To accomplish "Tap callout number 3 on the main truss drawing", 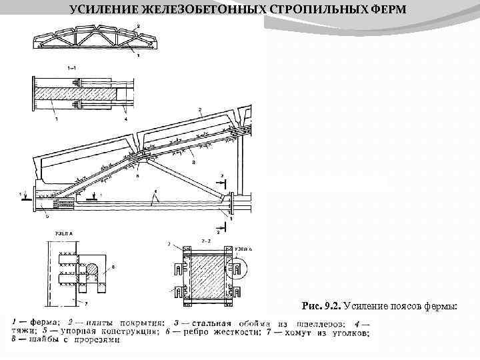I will [193, 161].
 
